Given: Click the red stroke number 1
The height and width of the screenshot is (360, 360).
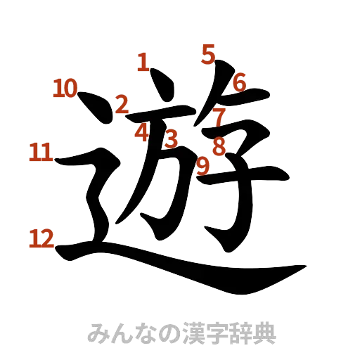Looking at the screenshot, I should [x=143, y=65].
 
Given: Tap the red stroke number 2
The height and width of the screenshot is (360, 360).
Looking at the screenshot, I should [x=122, y=105].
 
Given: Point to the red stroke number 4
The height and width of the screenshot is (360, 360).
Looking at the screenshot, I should [x=143, y=131].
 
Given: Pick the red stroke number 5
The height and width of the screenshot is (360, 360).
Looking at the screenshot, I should [x=208, y=53].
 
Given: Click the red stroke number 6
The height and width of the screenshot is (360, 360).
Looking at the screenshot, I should [x=239, y=82].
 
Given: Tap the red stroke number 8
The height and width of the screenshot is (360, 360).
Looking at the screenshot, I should [x=219, y=146].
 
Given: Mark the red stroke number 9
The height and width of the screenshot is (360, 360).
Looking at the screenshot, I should [x=203, y=166].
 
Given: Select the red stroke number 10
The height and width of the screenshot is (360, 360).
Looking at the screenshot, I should [x=65, y=89].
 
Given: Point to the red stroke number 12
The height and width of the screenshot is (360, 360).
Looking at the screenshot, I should [x=42, y=240].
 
